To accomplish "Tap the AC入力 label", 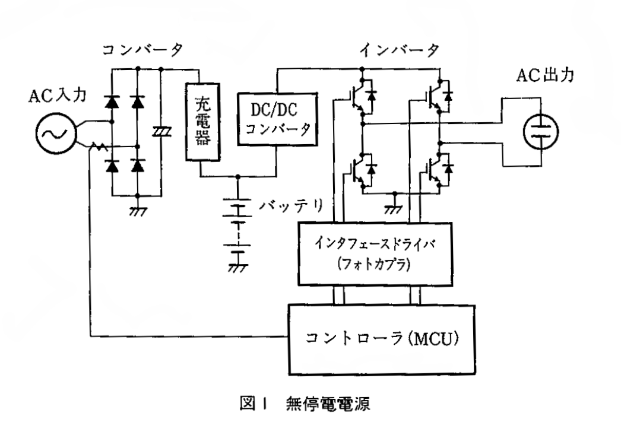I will point(54,95).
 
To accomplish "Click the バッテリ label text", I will point(293,206).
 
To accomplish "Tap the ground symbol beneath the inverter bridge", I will point(393,205).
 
